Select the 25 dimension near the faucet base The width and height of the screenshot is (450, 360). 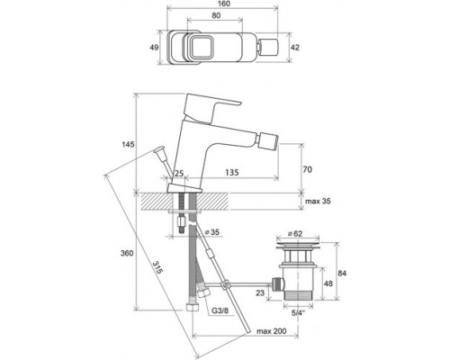tap(180, 173)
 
